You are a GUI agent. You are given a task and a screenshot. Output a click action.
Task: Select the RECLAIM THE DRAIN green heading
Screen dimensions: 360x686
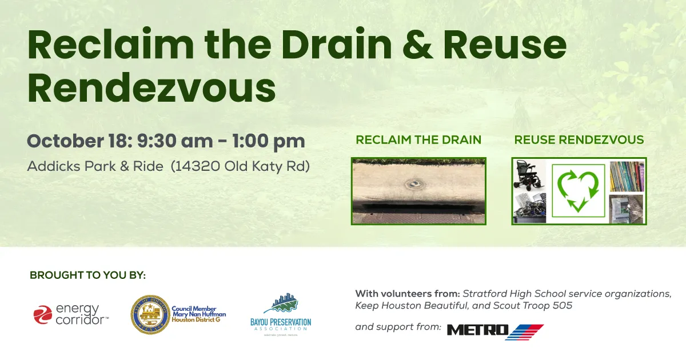418,140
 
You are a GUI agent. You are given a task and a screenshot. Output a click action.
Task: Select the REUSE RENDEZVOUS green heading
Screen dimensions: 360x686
579,140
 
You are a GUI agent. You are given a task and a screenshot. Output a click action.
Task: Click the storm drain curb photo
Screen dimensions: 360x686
418,191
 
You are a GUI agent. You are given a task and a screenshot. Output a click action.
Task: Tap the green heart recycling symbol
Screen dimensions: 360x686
578,191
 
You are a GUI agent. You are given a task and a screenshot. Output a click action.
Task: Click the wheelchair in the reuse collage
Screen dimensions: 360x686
529,174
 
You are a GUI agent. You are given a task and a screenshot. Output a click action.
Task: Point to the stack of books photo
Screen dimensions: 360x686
626,177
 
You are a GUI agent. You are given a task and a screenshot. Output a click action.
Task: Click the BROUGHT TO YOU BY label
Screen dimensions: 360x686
87,275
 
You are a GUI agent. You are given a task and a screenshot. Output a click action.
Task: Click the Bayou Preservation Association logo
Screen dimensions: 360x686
281,314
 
